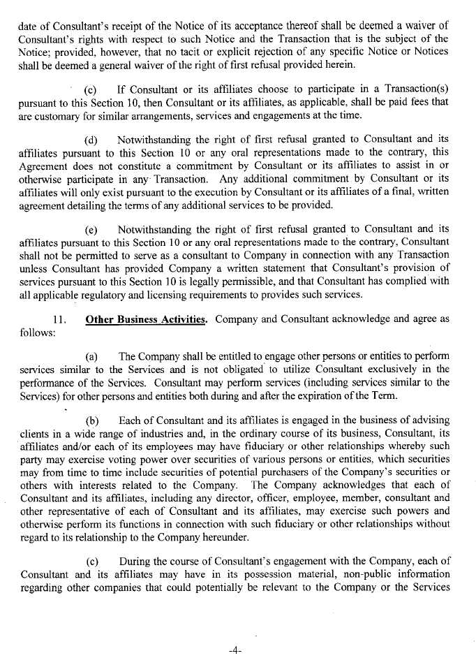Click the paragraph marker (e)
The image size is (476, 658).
coord(91,228)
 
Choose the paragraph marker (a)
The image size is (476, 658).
coord(91,356)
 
